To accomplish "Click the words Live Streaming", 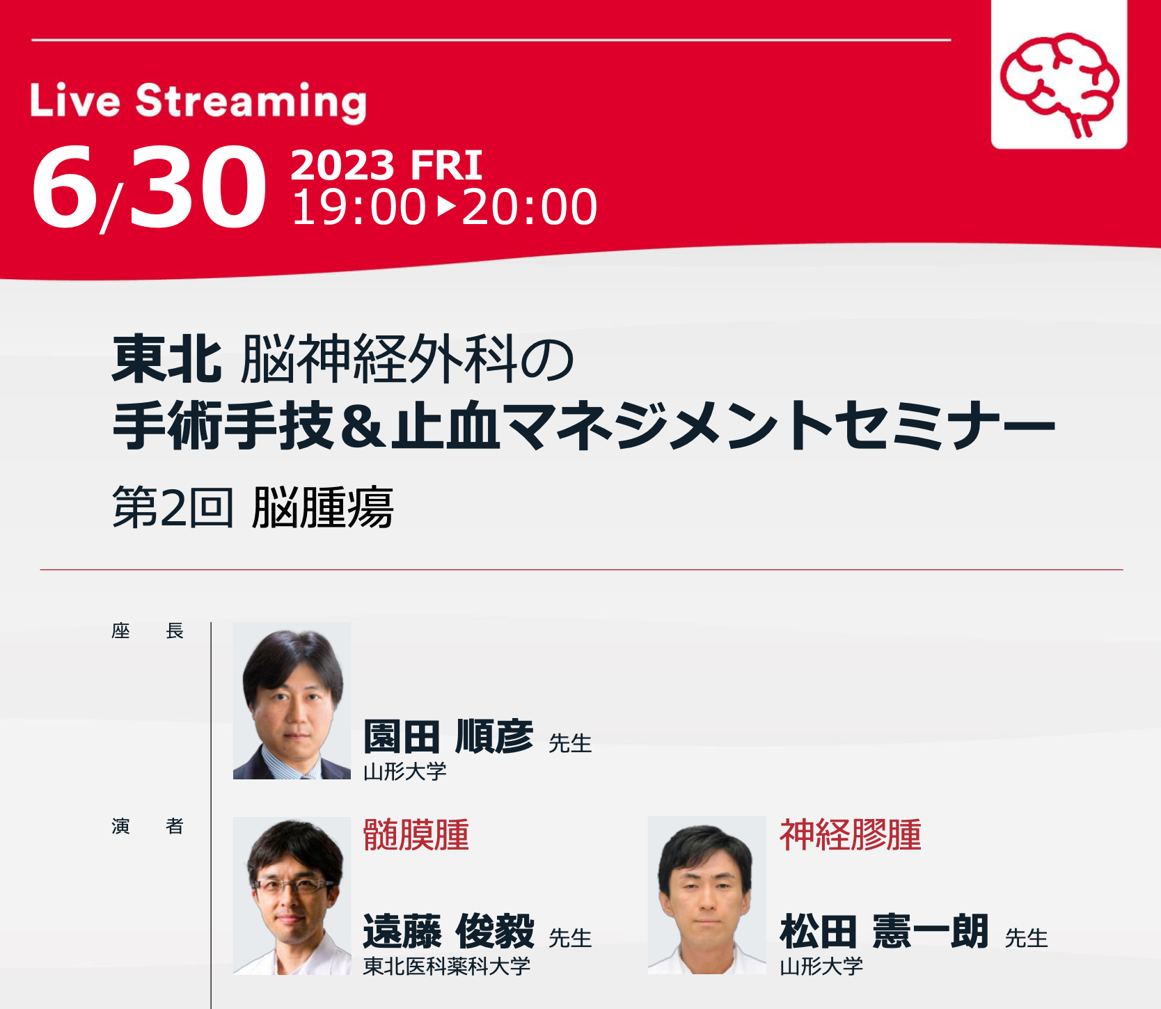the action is point(198,102).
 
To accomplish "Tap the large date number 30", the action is point(198,188).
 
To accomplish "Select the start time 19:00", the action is point(358,207).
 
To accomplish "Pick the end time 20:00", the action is point(530,207).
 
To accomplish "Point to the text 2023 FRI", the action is point(386,165).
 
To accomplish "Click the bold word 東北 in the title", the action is point(167,359).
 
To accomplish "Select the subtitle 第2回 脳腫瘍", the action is point(253,507).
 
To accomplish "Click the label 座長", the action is point(148,631).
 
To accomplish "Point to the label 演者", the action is point(148,826).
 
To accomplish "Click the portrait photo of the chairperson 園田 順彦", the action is point(292,701).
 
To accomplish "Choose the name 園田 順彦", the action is point(448,737).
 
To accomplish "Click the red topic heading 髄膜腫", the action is point(416,835).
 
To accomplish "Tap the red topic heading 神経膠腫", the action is point(850,835).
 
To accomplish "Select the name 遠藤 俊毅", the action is point(449,932).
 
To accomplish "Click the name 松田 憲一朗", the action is point(884,932).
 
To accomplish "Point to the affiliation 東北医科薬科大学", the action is point(447,966).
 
